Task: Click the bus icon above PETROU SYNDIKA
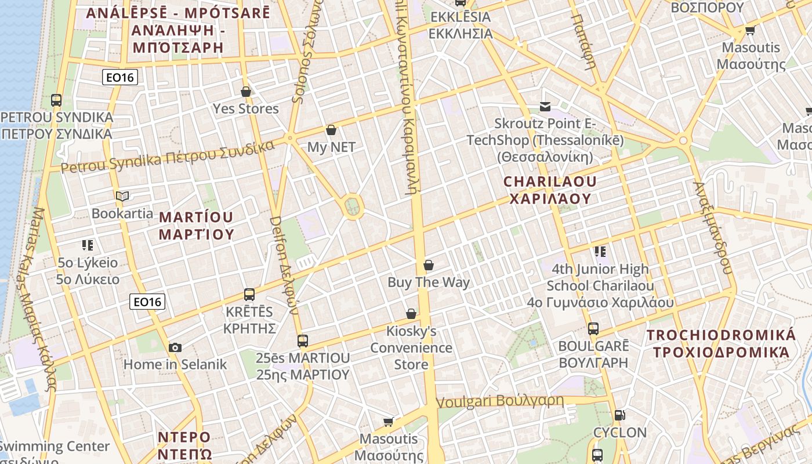56,100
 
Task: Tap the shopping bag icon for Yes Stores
246,92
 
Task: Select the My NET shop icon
331,130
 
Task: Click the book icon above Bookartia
122,196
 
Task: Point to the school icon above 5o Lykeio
88,245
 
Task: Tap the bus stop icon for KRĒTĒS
249,295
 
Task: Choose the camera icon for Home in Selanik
175,347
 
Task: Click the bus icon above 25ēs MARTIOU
303,341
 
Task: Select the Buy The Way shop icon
429,266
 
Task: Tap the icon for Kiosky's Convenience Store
411,314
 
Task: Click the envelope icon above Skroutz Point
545,106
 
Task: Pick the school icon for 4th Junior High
600,252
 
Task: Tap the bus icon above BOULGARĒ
593,329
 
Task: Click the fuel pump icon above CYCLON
619,415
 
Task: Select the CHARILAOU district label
550,190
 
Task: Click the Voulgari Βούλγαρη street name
499,401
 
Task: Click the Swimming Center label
55,447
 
